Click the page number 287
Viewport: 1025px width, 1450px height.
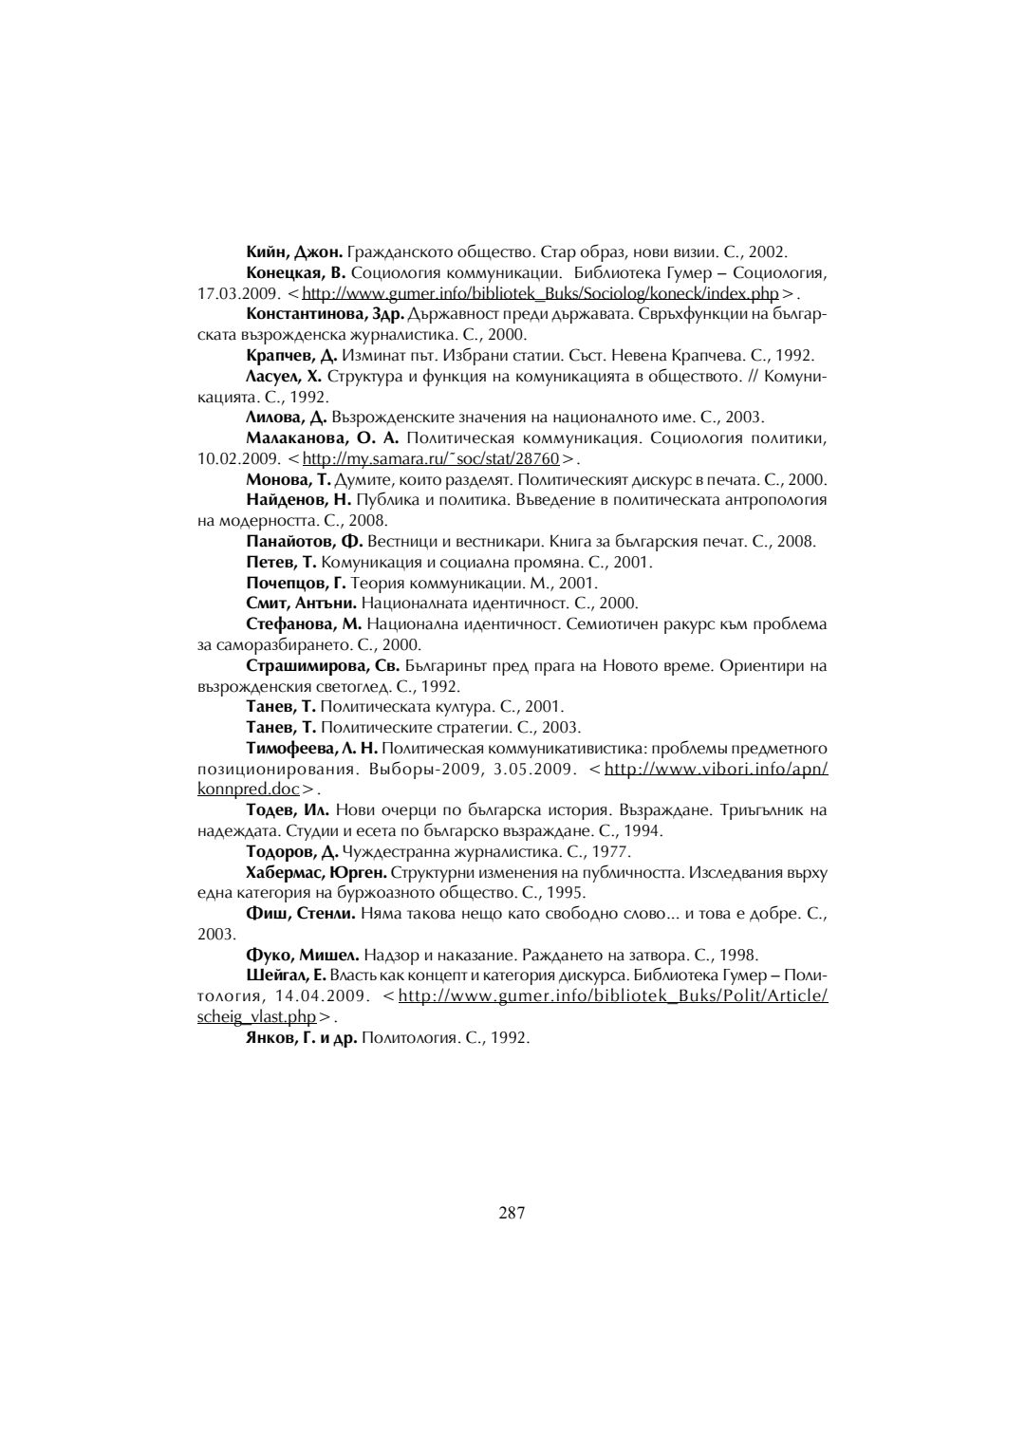click(512, 1213)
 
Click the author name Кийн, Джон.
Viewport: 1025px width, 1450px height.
click(293, 252)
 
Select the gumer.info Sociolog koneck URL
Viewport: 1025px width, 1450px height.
click(540, 293)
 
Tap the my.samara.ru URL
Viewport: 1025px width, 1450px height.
click(430, 459)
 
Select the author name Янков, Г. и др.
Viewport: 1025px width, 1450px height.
click(301, 1037)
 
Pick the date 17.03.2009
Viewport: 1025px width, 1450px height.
click(235, 293)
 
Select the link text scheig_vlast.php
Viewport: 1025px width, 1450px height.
click(256, 1017)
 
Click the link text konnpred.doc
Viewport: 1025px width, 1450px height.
click(248, 790)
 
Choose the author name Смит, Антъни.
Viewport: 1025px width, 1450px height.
click(301, 603)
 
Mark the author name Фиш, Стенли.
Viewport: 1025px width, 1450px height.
click(300, 914)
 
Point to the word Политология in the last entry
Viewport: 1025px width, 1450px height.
click(404, 1037)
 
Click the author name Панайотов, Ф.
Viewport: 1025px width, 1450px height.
click(304, 542)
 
